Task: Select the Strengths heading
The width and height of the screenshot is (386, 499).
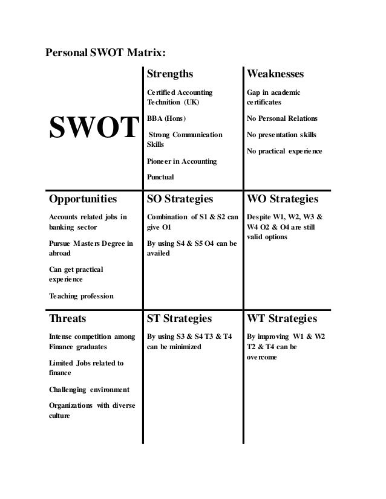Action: coord(170,74)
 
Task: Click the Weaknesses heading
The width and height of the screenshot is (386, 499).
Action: coord(275,74)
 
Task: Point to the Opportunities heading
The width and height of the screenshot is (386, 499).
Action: coord(83,198)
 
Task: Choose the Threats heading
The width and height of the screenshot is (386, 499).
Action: coord(67,318)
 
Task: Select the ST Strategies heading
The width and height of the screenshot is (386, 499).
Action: coord(180,318)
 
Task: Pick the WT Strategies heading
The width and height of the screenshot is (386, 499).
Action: coord(281,318)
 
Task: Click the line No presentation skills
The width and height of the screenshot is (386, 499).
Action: coord(281,134)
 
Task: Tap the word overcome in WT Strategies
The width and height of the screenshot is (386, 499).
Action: coord(262,357)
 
